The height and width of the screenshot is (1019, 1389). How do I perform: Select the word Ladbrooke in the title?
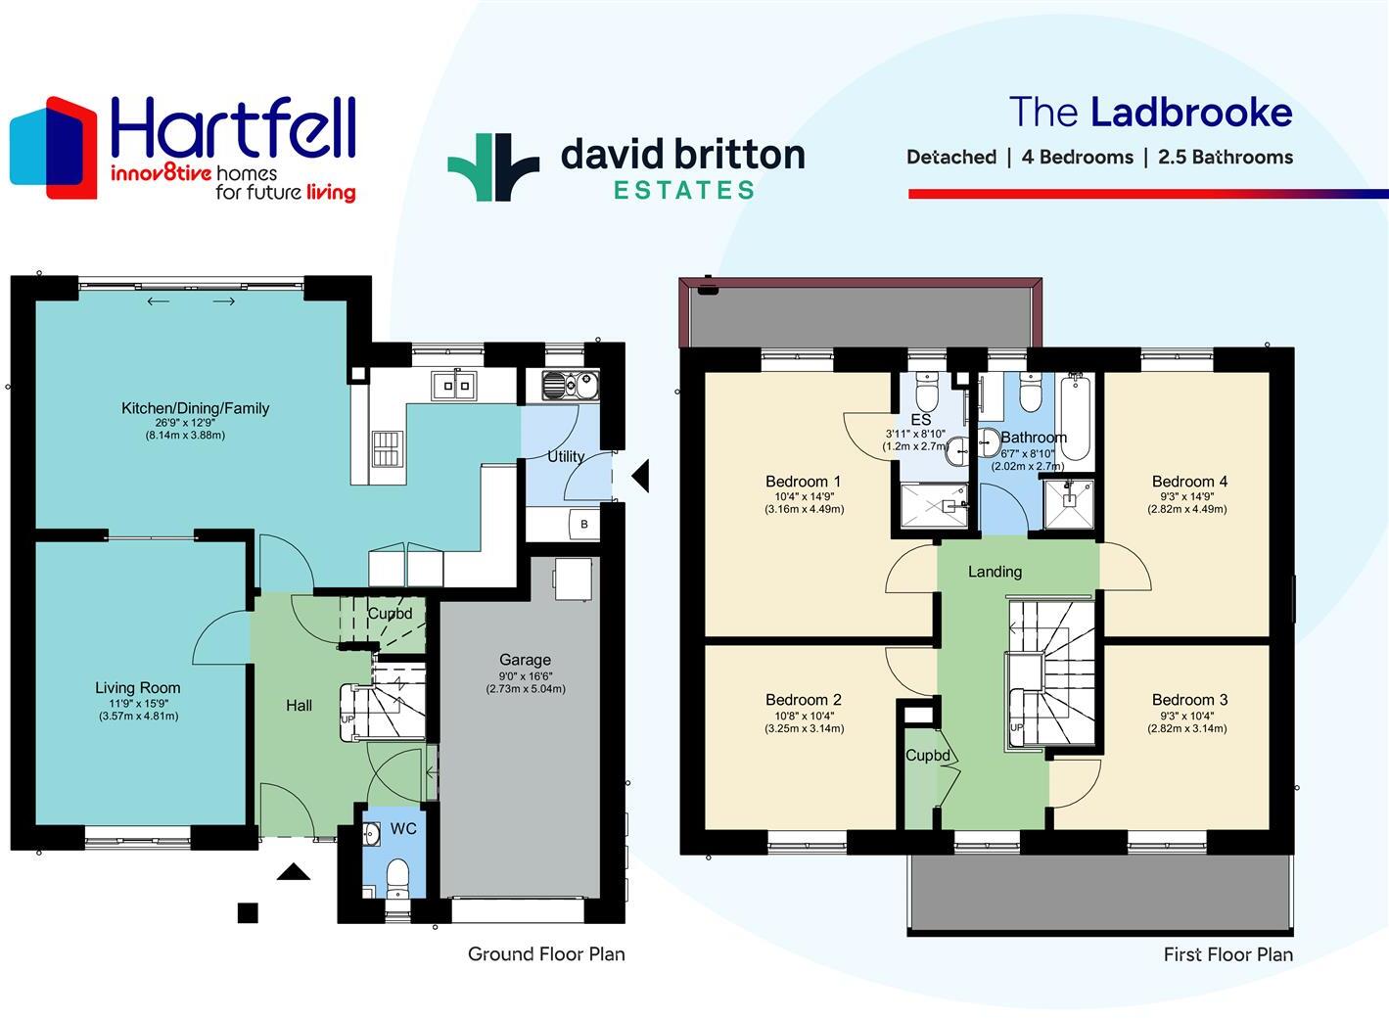[1190, 113]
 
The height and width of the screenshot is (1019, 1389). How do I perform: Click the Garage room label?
[525, 660]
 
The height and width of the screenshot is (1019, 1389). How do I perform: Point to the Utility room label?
[566, 456]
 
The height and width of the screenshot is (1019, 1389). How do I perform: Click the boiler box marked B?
[584, 525]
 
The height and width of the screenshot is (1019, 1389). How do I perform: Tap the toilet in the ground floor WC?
[397, 874]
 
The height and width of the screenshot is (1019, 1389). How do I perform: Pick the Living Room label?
[138, 688]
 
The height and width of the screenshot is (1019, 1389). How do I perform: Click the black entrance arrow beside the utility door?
[640, 478]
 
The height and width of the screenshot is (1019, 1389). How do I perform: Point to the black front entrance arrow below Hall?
[293, 871]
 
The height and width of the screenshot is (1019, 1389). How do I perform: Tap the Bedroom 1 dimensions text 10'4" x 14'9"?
[804, 496]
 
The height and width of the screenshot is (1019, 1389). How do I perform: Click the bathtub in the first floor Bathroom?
[1074, 417]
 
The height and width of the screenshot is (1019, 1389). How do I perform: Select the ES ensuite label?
[920, 420]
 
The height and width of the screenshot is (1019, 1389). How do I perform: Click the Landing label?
[995, 572]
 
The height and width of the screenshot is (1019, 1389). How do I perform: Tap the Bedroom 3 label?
[1189, 700]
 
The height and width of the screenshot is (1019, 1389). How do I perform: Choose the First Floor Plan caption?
[1227, 954]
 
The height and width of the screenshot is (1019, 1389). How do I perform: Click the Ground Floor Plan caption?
[546, 954]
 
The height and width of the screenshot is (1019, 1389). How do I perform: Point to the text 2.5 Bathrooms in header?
[1225, 158]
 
